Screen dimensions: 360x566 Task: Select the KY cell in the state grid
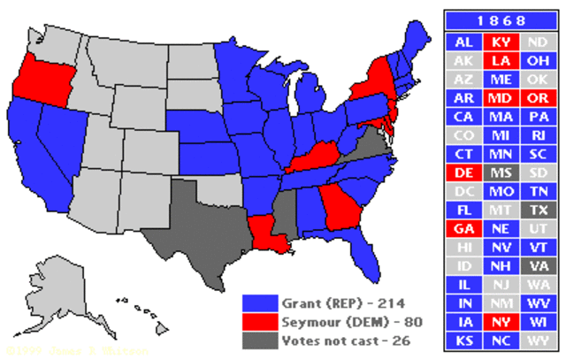coord(499,42)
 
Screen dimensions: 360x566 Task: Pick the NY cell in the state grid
coord(499,323)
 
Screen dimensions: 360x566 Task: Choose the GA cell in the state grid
coord(463,228)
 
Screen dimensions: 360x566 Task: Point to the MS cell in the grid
coord(499,172)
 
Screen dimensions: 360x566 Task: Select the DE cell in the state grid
coord(463,172)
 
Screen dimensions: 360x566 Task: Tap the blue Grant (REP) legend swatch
coord(257,303)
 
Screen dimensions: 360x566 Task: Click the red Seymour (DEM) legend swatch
coord(257,320)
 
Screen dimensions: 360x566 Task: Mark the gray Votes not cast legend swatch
coord(257,338)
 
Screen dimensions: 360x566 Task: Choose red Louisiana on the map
coord(266,232)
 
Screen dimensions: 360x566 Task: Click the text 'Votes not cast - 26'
coord(337,338)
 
